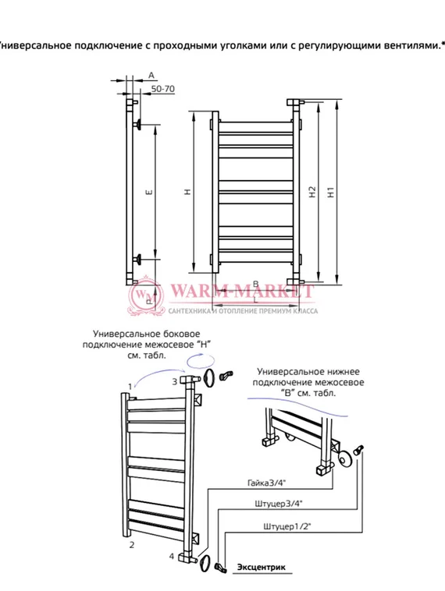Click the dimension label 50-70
(x=163, y=90)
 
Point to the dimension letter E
(x=148, y=190)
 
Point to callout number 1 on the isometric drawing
(x=130, y=387)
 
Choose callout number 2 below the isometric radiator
(x=132, y=544)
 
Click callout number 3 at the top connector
(x=174, y=381)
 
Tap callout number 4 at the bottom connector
(x=171, y=555)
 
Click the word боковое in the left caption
(x=180, y=333)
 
